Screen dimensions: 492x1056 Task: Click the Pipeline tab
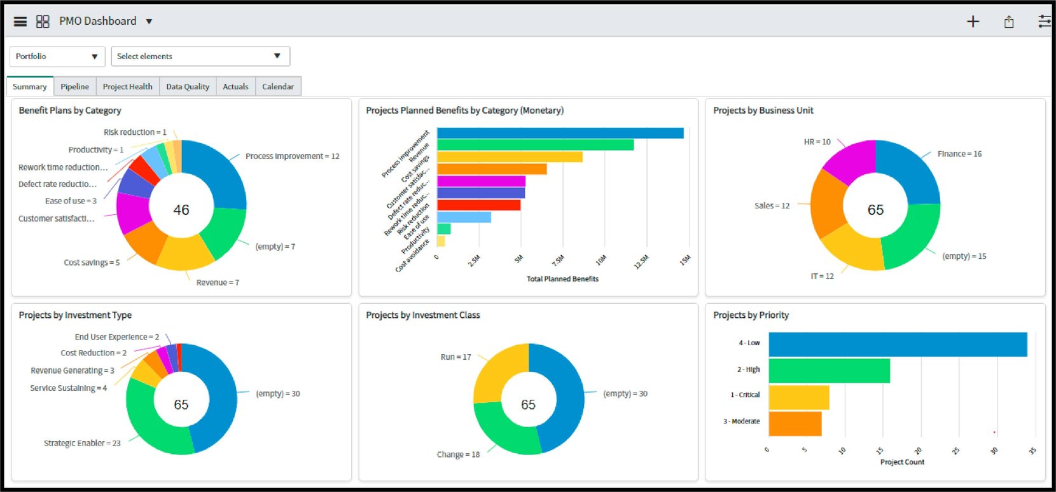pos(74,86)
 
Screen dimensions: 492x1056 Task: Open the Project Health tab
pos(127,86)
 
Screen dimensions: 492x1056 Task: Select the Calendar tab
pos(278,86)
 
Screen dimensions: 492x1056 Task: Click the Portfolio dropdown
pos(57,57)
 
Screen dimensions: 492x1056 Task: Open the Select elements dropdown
pos(200,57)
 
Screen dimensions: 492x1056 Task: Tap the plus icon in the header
pos(973,22)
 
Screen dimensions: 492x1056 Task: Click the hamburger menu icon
pos(20,22)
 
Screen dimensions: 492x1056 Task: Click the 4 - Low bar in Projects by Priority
pos(897,344)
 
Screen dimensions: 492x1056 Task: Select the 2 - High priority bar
pos(828,371)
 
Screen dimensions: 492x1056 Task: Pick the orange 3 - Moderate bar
pos(795,424)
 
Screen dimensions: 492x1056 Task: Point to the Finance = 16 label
pos(959,154)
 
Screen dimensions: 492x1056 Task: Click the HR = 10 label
pos(817,142)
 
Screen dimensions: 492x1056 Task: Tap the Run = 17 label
pos(455,357)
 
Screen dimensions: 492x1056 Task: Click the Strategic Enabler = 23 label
pos(82,443)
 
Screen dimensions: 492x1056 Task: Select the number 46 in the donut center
pos(181,210)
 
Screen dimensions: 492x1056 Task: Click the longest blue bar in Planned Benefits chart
pos(560,133)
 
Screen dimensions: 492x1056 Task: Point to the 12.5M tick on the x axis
pos(641,261)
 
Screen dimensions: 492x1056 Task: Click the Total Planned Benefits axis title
pos(562,278)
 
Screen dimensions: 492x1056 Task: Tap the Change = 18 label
pos(458,454)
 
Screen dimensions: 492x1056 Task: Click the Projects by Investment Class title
pos(423,315)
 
